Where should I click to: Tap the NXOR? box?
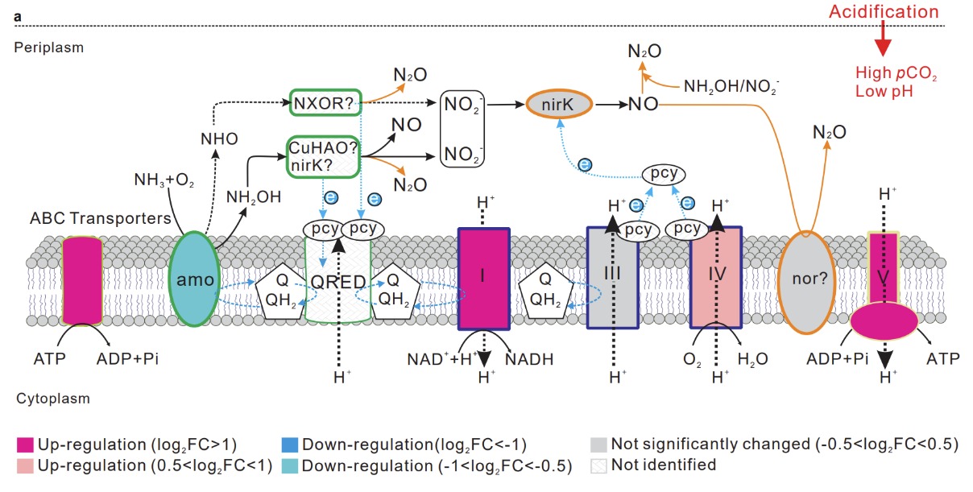click(x=325, y=103)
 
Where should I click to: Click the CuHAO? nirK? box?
click(x=324, y=154)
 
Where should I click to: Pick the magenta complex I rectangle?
click(x=483, y=278)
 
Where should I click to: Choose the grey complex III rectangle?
click(x=612, y=278)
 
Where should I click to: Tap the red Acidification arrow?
click(x=884, y=40)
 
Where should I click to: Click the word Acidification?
click(x=885, y=12)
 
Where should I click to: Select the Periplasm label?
click(x=49, y=48)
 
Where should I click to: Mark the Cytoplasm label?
click(x=52, y=399)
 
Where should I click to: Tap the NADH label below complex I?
click(x=531, y=359)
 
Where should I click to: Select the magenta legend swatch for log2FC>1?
click(x=24, y=444)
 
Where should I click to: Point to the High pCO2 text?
click(x=896, y=75)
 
